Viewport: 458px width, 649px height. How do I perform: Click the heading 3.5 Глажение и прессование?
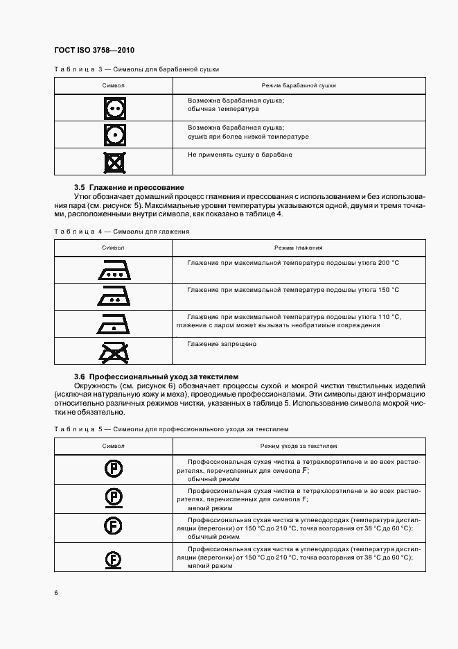[129, 188]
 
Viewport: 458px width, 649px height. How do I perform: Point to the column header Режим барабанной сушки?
[299, 85]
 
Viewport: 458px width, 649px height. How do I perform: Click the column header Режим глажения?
[298, 248]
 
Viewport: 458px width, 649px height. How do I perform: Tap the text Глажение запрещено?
[222, 344]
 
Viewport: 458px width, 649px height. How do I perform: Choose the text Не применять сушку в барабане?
[240, 155]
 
